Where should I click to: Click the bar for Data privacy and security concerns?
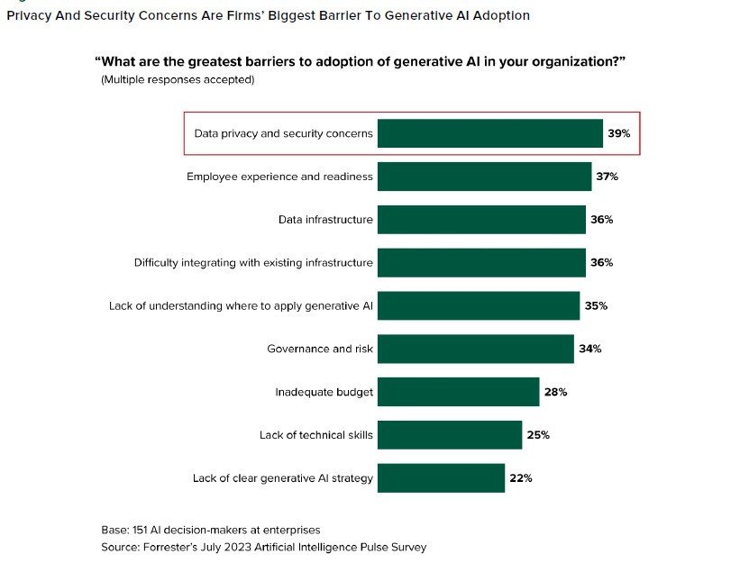(489, 133)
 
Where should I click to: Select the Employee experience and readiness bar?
(484, 177)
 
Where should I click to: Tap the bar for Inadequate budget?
(458, 392)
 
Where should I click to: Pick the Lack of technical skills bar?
(449, 435)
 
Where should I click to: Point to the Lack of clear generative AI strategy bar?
(441, 478)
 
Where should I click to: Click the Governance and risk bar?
(475, 349)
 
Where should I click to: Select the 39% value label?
(618, 133)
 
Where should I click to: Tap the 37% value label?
(607, 177)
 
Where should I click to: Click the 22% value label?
(521, 478)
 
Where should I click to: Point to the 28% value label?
(555, 392)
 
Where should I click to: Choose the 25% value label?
(538, 435)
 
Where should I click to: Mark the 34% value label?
(589, 349)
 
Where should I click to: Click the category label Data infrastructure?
(325, 220)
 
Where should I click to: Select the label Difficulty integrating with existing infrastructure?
(253, 263)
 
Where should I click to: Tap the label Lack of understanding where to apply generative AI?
(241, 305)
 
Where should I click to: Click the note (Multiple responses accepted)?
(178, 80)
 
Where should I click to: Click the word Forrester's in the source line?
(173, 547)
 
